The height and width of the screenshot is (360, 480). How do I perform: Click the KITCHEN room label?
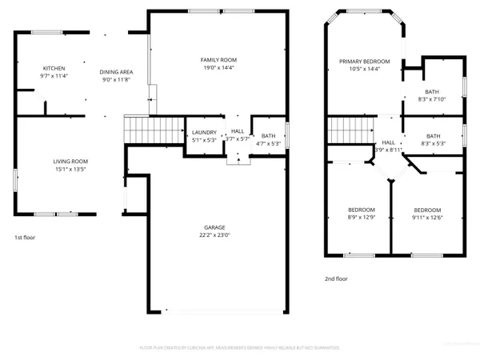[x=54, y=69]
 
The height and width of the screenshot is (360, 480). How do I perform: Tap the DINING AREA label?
[x=116, y=72]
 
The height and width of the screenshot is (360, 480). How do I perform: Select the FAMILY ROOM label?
[x=218, y=60]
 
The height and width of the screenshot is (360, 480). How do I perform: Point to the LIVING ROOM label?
[x=70, y=162]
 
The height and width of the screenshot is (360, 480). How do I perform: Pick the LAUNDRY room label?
[x=204, y=132]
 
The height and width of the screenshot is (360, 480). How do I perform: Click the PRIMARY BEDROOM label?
[x=364, y=62]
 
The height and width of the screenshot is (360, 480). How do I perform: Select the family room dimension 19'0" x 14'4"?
[x=218, y=69]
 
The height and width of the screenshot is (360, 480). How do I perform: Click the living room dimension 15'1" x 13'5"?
[x=70, y=170]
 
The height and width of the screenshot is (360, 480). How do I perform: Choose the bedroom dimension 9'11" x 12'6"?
[x=428, y=218]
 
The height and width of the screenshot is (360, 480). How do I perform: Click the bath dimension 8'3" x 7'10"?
[x=433, y=99]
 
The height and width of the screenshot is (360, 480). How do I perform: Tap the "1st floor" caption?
[x=25, y=238]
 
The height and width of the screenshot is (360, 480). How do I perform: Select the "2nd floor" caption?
[x=336, y=279]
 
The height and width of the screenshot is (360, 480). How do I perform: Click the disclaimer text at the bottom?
[x=240, y=348]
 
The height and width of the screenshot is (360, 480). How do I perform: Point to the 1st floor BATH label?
[x=268, y=136]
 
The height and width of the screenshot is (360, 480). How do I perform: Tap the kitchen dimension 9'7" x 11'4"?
[x=54, y=77]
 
